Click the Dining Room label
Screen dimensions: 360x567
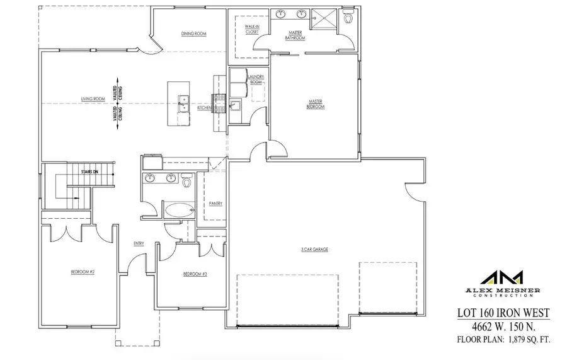194,33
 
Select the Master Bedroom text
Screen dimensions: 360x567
316,104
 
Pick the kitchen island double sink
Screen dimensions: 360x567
183,103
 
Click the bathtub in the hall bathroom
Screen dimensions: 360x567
180,209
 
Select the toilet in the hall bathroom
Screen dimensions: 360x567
186,183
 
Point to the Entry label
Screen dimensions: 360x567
139,243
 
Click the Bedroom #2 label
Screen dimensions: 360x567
82,272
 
